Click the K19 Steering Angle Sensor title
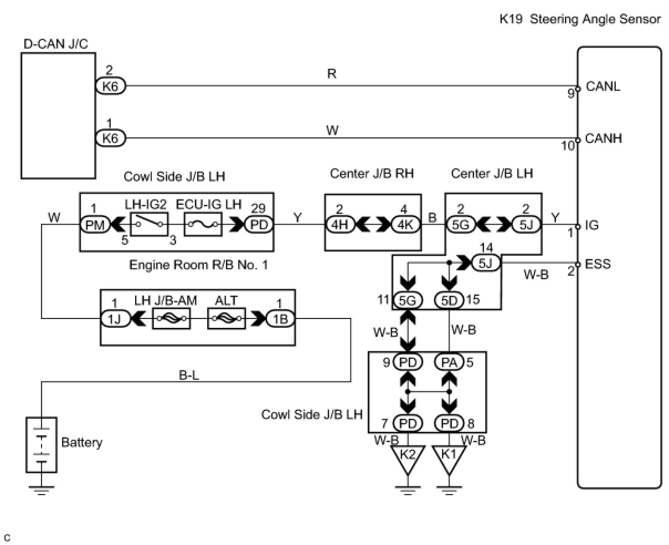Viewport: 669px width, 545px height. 580,19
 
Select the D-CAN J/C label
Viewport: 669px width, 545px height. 55,44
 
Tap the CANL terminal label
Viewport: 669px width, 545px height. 603,86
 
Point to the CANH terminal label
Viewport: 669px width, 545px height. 603,138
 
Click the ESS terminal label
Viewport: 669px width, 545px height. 598,264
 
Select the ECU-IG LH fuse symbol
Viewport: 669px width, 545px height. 203,225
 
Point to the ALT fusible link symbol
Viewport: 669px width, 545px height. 226,318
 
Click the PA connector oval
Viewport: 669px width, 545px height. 449,362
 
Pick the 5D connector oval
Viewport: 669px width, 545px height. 449,300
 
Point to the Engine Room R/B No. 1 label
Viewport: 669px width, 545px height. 198,265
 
